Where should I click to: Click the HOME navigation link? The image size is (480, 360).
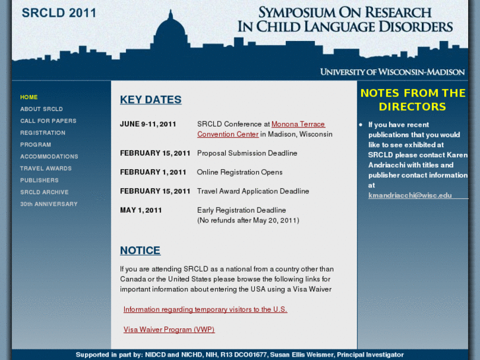(x=29, y=97)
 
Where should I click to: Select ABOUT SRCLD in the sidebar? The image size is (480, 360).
(x=42, y=109)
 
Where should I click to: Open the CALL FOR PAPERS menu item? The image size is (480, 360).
(x=48, y=121)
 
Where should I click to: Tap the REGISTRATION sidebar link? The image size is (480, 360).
(x=43, y=133)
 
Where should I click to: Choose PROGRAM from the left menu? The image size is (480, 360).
(x=36, y=145)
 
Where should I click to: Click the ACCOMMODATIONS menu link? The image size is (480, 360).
(x=49, y=157)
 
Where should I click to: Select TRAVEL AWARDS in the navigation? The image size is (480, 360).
(x=46, y=168)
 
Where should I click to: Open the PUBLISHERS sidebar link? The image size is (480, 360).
(x=40, y=180)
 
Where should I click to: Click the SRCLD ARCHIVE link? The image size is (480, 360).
(x=44, y=192)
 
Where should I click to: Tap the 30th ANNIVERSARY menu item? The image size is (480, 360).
(x=49, y=204)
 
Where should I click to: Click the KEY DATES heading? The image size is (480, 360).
(x=151, y=100)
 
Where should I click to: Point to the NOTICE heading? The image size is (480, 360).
(x=140, y=250)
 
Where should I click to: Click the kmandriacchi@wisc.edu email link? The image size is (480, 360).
(x=410, y=196)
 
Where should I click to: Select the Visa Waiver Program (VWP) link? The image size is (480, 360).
(x=169, y=330)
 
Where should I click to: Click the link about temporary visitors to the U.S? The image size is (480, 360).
(x=205, y=309)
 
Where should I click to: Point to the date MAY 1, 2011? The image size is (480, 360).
(x=141, y=210)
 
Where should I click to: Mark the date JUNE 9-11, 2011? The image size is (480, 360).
(x=148, y=124)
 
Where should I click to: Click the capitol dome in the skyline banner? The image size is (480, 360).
(x=171, y=33)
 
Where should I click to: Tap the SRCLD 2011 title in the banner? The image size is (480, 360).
(x=59, y=13)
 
